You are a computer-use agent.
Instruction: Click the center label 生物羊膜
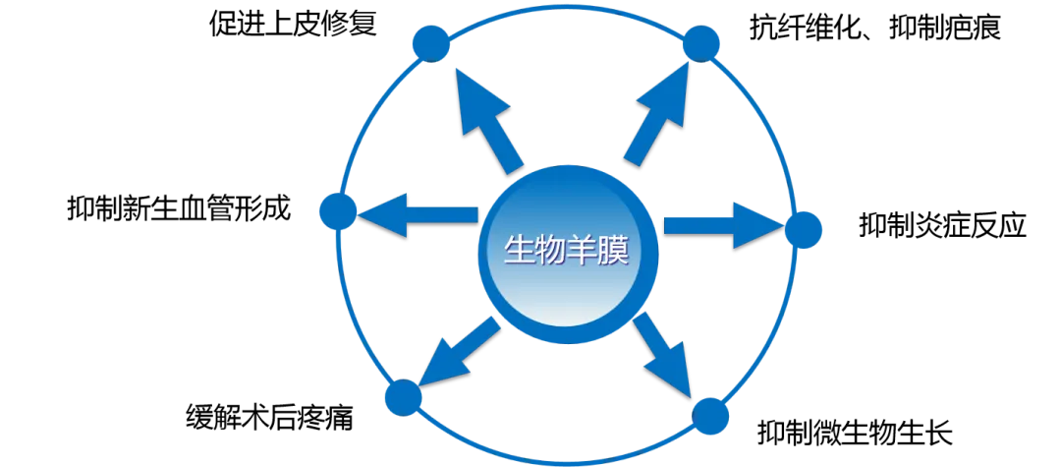tap(567, 253)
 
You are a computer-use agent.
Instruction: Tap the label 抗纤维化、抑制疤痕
tap(874, 29)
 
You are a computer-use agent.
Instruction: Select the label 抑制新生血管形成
tap(179, 207)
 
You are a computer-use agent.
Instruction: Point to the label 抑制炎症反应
tap(942, 225)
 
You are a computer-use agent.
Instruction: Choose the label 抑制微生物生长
tap(855, 432)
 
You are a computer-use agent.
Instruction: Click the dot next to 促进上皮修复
tap(430, 44)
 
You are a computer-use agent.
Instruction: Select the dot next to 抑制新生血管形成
tap(338, 210)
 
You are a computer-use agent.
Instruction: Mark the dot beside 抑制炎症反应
tap(804, 229)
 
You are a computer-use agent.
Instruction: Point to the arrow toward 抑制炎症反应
tap(723, 226)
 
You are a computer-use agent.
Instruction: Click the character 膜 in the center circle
tap(615, 253)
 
